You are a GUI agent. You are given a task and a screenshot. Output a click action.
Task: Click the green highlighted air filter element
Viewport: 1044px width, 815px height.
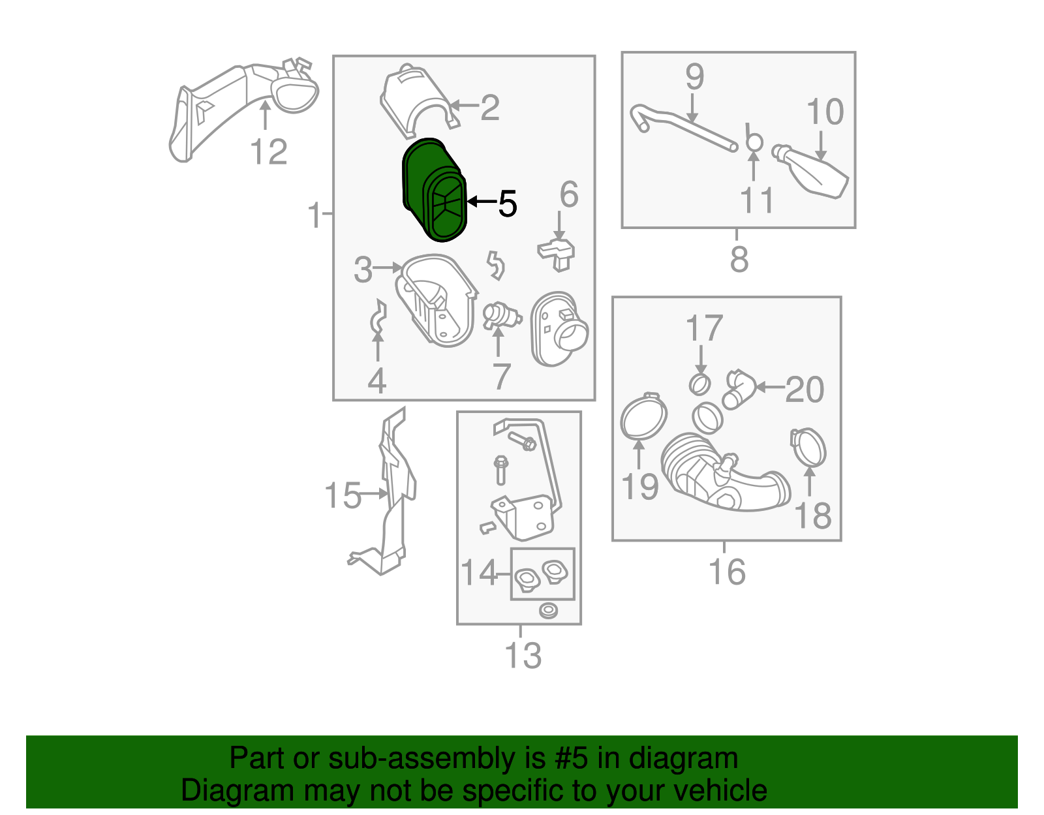434,190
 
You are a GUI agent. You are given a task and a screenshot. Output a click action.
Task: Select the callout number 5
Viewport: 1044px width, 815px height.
508,203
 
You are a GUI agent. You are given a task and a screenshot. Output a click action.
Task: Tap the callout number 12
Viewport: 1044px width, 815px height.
269,152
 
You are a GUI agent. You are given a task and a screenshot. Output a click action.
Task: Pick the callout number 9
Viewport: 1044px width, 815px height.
695,76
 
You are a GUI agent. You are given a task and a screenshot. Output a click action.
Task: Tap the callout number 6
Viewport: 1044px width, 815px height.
569,194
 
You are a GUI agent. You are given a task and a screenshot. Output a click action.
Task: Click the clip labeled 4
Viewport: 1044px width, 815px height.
378,316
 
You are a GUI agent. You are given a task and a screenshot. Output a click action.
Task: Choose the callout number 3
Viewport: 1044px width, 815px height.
363,269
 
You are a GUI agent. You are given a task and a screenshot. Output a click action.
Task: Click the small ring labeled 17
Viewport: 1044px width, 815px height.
699,385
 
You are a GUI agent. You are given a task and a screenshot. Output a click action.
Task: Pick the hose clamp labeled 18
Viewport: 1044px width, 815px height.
808,448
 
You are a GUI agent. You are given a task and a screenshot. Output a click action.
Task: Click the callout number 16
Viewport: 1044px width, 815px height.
727,572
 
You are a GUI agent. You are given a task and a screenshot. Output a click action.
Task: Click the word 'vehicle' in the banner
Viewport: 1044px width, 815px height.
720,790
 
